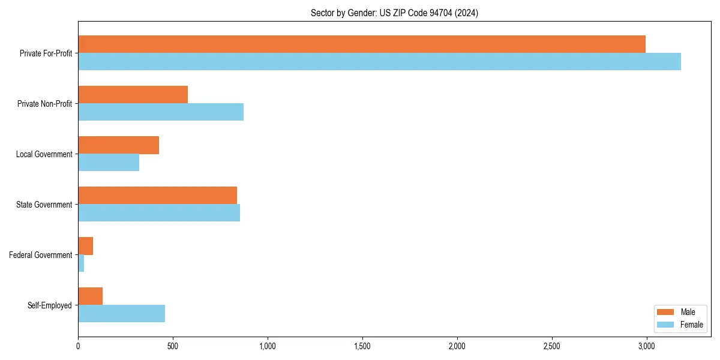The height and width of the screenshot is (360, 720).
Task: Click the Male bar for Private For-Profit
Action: click(361, 44)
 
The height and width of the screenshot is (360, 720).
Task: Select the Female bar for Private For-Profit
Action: click(379, 62)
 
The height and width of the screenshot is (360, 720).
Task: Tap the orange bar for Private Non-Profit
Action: click(133, 95)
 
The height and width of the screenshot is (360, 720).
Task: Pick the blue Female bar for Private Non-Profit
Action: click(161, 112)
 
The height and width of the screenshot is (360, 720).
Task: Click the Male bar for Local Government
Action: click(118, 145)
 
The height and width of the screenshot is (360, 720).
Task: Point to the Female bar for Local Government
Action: click(109, 163)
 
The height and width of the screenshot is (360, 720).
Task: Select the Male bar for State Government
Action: click(157, 196)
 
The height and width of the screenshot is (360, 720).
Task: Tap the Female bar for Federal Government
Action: click(81, 263)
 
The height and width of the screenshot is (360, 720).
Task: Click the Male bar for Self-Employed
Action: click(90, 296)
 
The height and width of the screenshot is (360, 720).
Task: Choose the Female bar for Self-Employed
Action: click(121, 314)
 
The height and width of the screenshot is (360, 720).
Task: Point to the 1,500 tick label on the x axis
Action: click(362, 346)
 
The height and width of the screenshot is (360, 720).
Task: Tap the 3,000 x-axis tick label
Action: click(646, 346)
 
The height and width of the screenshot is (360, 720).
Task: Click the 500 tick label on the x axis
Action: click(172, 346)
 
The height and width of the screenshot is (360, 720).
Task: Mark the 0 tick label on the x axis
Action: click(78, 346)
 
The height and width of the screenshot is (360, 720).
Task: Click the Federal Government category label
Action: click(41, 255)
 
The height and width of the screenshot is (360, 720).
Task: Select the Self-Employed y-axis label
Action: click(50, 305)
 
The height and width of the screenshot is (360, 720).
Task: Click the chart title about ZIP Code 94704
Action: click(394, 13)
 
